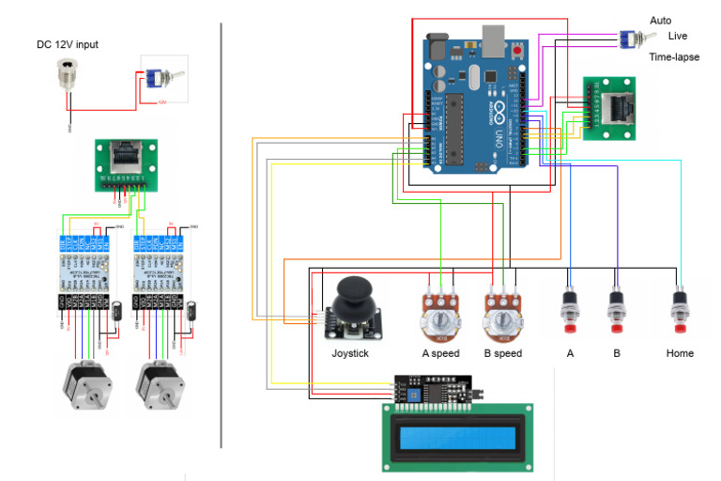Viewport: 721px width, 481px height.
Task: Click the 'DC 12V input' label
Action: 67,44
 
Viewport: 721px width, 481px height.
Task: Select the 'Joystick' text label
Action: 350,354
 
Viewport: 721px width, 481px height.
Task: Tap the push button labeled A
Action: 569,309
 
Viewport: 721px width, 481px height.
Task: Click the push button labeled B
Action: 617,309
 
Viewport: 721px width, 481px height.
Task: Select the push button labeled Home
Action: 681,309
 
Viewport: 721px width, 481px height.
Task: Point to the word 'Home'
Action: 680,354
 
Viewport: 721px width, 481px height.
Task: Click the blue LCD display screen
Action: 457,439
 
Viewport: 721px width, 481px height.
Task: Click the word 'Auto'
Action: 660,21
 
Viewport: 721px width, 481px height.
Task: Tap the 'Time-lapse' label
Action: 674,57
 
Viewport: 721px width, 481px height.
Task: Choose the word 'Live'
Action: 678,36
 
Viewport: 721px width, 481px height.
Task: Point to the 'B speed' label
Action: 502,354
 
